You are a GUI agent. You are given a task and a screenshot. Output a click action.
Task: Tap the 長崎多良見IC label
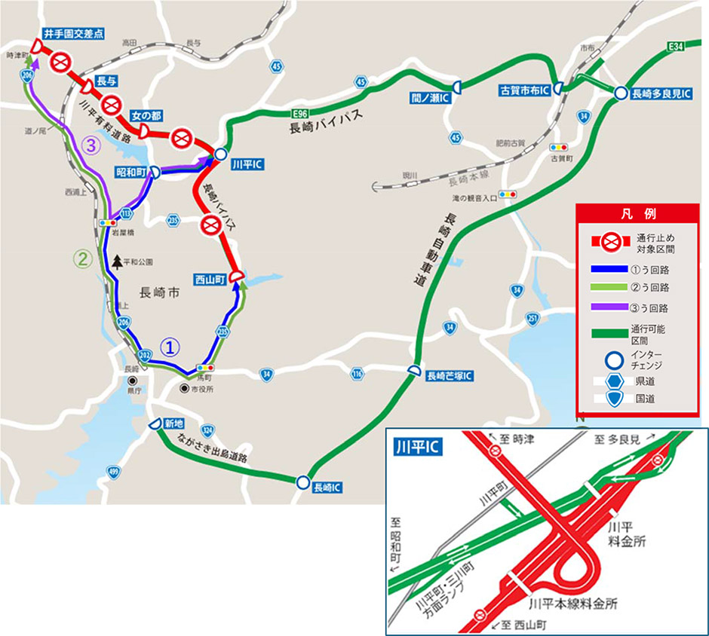pos(656,93)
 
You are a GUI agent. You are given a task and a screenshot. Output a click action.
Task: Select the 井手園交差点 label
pos(73,34)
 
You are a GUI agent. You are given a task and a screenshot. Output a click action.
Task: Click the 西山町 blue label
pos(211,278)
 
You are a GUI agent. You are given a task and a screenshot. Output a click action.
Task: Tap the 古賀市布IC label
pos(523,90)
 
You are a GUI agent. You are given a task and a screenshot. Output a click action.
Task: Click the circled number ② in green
pos(81,258)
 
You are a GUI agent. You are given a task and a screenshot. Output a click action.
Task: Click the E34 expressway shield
pos(677,47)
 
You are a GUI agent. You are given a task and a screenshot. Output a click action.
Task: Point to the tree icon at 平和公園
pos(118,261)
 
